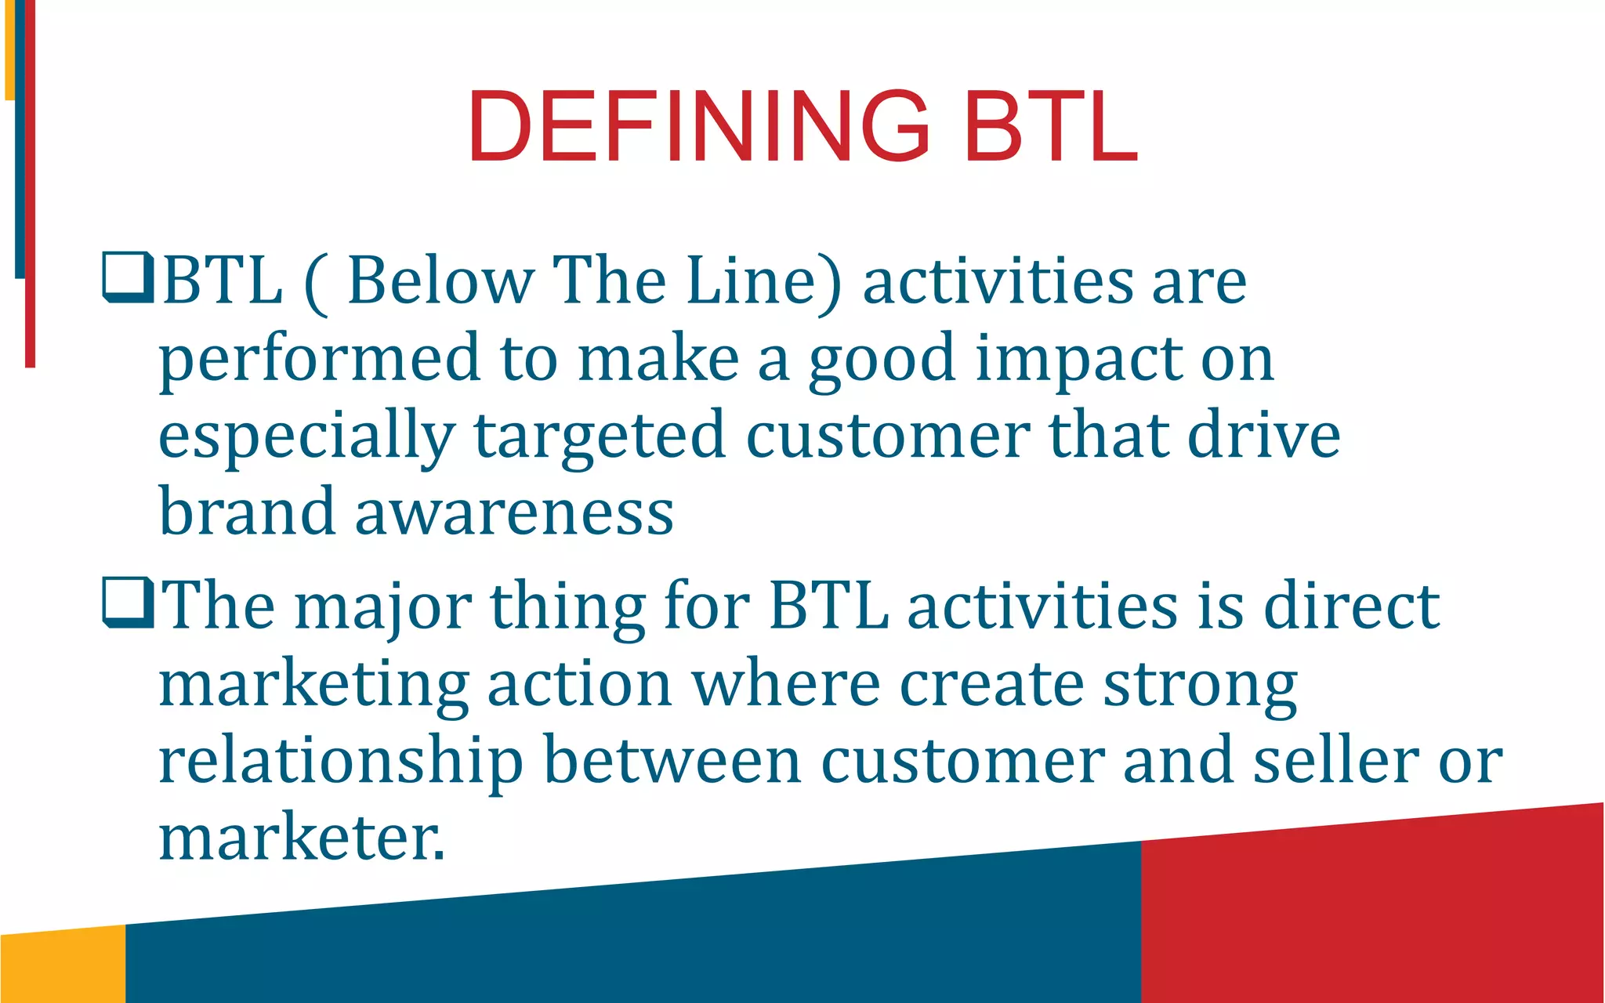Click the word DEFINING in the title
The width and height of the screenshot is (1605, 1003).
pyautogui.click(x=697, y=126)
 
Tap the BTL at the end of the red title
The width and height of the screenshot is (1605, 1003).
pyautogui.click(x=1050, y=126)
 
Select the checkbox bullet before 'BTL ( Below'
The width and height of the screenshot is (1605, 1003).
pyautogui.click(x=128, y=277)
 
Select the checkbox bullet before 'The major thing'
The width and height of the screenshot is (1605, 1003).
pyautogui.click(x=128, y=603)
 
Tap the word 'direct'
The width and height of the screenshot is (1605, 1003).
pyautogui.click(x=1351, y=606)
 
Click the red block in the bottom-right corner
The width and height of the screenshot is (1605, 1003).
pyautogui.click(x=1371, y=917)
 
